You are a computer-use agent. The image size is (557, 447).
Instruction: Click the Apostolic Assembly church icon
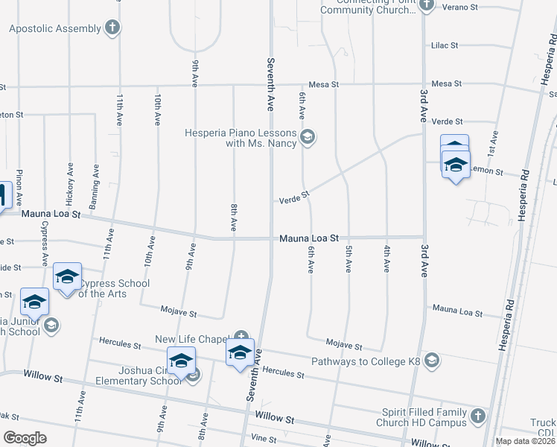[x=112, y=28]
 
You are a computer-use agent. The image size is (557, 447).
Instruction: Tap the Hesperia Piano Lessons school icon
[x=308, y=136]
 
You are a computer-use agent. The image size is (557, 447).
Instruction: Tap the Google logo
[x=25, y=437]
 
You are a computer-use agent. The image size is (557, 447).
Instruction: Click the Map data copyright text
[x=526, y=441]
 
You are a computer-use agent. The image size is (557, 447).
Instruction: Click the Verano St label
[x=461, y=7]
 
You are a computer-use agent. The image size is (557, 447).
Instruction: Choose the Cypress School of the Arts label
[x=114, y=288]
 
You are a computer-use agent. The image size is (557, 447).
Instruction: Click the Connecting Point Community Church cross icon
[x=427, y=6]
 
